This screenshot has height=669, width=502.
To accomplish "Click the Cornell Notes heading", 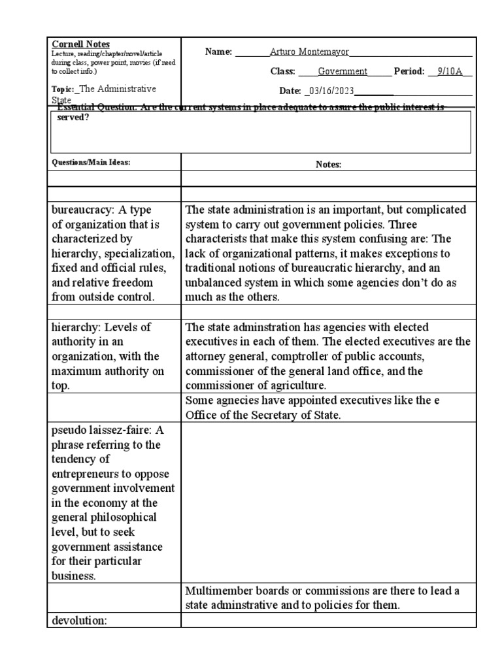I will pyautogui.click(x=81, y=44).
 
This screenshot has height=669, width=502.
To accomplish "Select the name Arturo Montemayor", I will pyautogui.click(x=310, y=52).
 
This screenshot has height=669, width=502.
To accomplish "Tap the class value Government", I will pyautogui.click(x=343, y=72).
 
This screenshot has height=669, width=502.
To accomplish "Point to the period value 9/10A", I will pyautogui.click(x=450, y=72).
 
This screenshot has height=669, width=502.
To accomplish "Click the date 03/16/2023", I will pyautogui.click(x=329, y=91).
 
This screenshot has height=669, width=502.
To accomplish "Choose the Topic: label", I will pyautogui.click(x=63, y=90).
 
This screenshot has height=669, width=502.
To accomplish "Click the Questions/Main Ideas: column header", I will pyautogui.click(x=91, y=163).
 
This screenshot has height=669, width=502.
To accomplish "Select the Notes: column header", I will pyautogui.click(x=328, y=165).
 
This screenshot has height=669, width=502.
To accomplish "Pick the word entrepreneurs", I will pyautogui.click(x=88, y=474).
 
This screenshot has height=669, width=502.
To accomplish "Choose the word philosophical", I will pyautogui.click(x=124, y=517).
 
